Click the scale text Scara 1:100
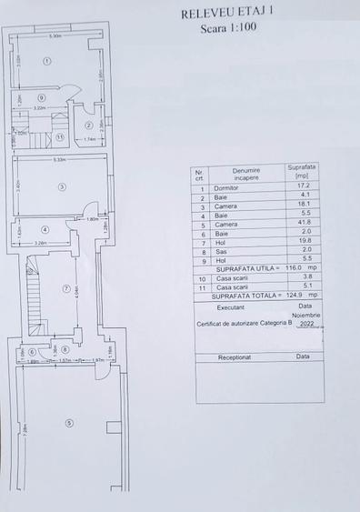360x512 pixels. (232, 28)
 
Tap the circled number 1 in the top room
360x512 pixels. (47, 60)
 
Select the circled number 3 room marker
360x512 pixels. (62, 187)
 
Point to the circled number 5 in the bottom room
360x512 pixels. (70, 422)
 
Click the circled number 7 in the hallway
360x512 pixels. (65, 289)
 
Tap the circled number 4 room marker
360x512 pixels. (45, 229)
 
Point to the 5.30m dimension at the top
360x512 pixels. (56, 36)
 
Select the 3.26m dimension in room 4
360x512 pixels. (40, 244)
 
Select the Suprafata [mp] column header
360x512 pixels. (301, 173)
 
